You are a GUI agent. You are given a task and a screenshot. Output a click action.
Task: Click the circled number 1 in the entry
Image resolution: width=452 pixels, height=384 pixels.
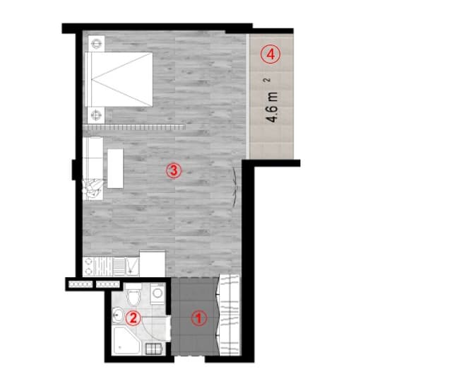pos(198,319)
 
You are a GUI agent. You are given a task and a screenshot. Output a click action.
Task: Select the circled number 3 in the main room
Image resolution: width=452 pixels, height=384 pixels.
pos(174,170)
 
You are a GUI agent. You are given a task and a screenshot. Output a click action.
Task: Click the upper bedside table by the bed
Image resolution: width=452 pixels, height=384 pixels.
pos(96,44)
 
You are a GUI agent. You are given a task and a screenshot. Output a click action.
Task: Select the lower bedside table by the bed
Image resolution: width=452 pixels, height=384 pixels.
pos(96,114)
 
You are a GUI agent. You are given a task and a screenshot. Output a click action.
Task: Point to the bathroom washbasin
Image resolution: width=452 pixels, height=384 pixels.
pos(118,315)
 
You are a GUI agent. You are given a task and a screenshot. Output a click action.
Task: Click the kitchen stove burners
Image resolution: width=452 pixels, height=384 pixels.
pos(89,266)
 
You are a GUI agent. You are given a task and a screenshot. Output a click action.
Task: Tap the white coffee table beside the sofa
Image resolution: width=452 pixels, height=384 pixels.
pos(114,168)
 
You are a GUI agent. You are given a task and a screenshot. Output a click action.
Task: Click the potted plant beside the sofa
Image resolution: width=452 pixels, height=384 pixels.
pos(92,187)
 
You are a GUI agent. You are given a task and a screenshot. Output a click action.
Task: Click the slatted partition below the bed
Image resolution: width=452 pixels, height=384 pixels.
pos(133,127)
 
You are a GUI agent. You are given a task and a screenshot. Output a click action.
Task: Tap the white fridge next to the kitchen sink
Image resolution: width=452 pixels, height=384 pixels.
pos(152,263)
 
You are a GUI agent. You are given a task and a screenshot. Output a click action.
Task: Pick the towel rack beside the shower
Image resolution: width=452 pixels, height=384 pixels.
pos(153,347)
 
